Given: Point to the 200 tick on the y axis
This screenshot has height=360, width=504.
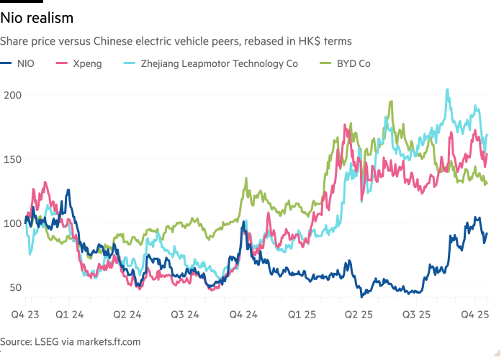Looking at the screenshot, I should [x=12, y=95].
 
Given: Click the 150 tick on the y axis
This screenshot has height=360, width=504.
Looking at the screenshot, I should [x=12, y=159].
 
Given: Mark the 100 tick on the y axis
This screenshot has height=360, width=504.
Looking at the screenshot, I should [x=12, y=223].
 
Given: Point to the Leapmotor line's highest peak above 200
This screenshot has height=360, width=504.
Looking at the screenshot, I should [x=448, y=90].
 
